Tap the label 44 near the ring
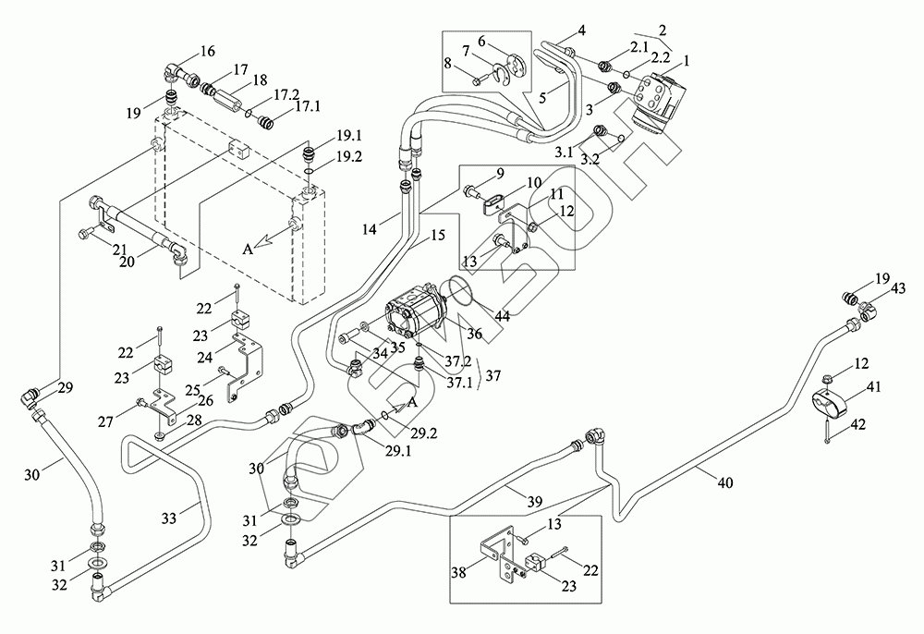pyautogui.click(x=502, y=316)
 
